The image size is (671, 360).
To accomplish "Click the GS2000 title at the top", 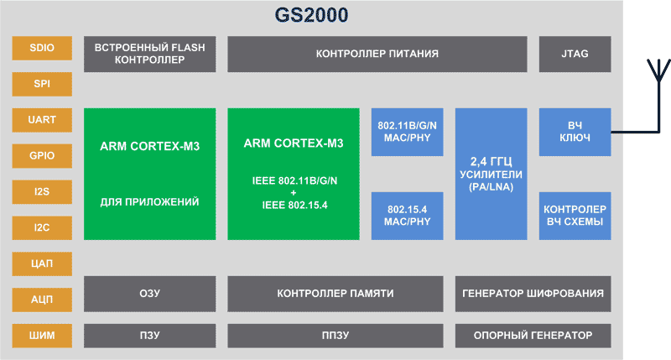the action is (x=311, y=15).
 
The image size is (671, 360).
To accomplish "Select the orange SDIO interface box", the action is (x=42, y=48).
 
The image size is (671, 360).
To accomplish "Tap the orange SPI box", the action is (x=42, y=84).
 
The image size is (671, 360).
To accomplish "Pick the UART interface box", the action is (x=42, y=120).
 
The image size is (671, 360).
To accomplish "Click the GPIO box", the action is (x=42, y=156).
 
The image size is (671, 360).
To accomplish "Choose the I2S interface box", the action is (x=42, y=192).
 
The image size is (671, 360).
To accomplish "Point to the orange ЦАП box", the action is (x=42, y=263).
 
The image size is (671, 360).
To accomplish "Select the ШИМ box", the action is (x=42, y=336).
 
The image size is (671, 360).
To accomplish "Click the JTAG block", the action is (x=575, y=54).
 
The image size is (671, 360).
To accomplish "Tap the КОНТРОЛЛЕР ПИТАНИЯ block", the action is (x=377, y=54).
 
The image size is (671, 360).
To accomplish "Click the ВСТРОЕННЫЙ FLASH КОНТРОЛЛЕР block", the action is (x=150, y=54).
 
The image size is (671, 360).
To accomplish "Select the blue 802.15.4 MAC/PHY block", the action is (x=407, y=216).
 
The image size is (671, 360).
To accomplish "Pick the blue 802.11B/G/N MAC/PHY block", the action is (x=407, y=132).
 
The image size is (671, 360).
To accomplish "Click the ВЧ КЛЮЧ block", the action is (x=575, y=132).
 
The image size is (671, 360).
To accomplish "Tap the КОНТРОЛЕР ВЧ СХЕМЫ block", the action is (x=575, y=216).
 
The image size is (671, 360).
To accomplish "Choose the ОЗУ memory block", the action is (x=150, y=294).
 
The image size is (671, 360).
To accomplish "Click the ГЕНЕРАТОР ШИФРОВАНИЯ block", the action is (x=533, y=294).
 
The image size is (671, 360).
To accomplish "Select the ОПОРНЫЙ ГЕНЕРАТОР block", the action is (x=533, y=336).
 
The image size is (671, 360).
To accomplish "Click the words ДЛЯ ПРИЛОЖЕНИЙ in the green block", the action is (x=150, y=202).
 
